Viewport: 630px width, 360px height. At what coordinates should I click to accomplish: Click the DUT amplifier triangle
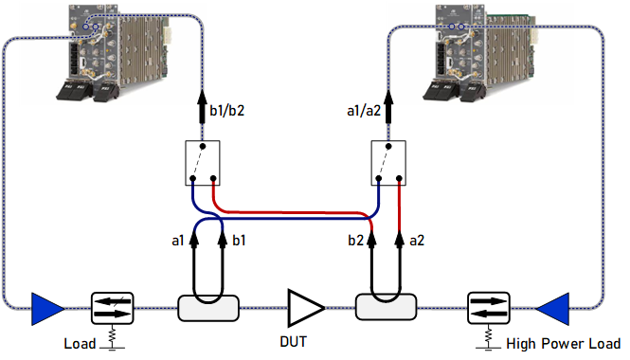pos(304,308)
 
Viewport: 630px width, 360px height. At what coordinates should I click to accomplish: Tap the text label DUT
pos(294,342)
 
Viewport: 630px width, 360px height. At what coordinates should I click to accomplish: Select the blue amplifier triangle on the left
pos(47,309)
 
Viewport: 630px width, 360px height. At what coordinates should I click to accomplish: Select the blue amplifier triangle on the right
pos(552,309)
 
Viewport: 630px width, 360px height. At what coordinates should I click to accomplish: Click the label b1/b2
pos(227,111)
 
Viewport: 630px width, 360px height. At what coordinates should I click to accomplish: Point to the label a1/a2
pos(364,111)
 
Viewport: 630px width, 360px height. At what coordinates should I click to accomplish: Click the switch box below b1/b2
pos(203,163)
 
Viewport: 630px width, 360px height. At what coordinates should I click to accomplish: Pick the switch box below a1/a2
pos(388,163)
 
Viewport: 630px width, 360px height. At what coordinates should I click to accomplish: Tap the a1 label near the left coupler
pos(177,241)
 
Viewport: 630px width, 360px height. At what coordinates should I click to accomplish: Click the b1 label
pos(239,241)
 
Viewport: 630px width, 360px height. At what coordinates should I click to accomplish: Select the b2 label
pos(355,241)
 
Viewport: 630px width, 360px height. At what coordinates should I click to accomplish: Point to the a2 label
pos(417,241)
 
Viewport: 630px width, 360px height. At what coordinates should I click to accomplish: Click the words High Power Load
pos(564,344)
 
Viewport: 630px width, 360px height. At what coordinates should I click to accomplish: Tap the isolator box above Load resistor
pos(113,308)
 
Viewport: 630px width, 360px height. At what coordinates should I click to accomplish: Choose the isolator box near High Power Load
pos(489,308)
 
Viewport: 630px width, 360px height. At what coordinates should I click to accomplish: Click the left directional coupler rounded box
pos(208,308)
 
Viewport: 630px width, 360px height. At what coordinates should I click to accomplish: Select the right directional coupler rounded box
pos(387,307)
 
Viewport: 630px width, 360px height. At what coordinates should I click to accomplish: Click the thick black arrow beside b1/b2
pos(202,107)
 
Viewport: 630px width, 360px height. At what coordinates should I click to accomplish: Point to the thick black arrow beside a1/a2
pos(388,107)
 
